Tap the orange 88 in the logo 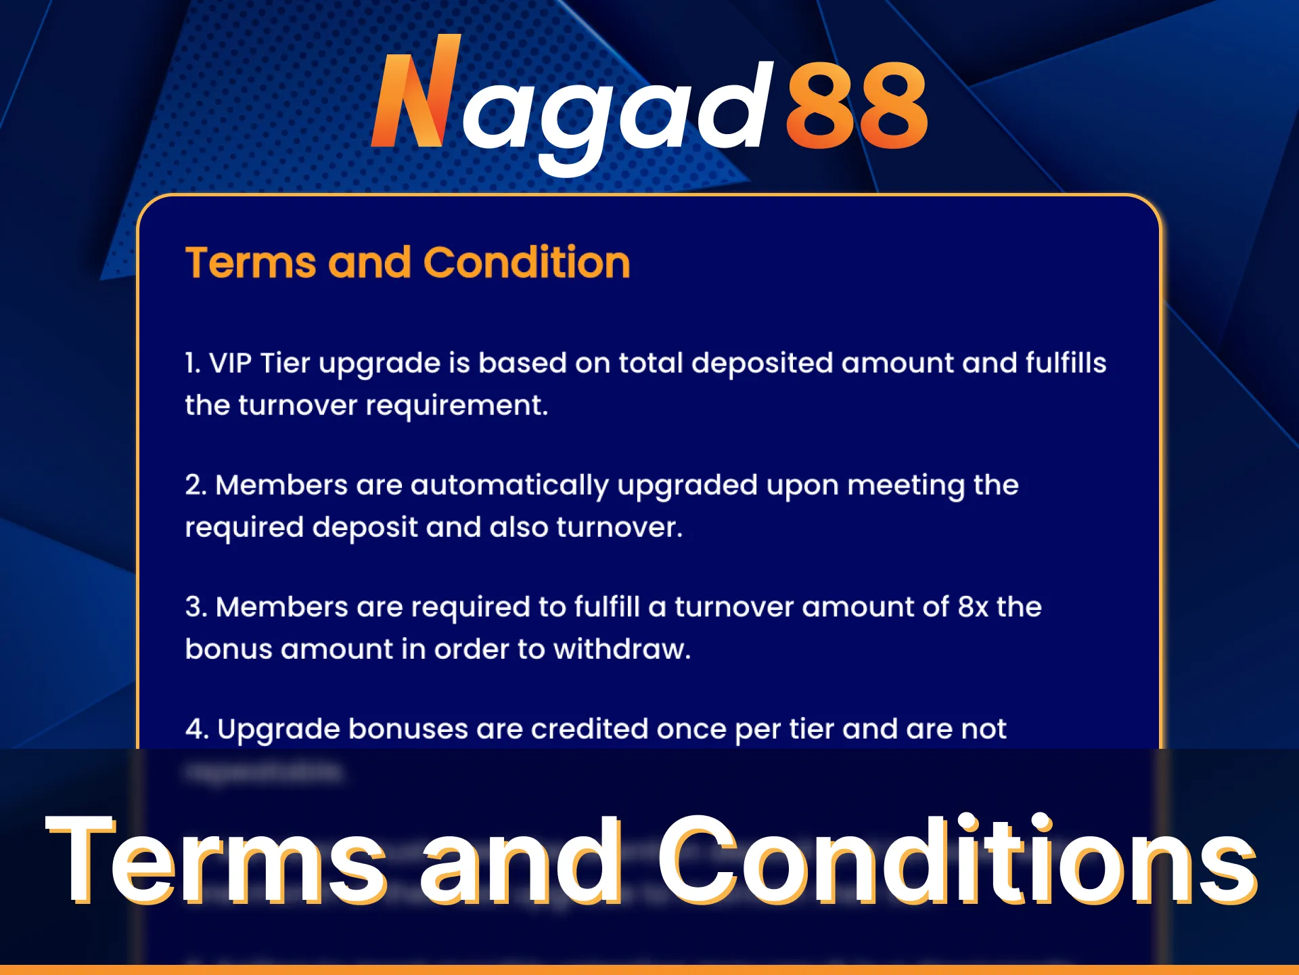[x=857, y=105]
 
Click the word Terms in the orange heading [x=250, y=263]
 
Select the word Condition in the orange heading [x=526, y=263]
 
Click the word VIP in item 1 [x=230, y=364]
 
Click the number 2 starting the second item [x=193, y=485]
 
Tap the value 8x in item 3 [x=973, y=607]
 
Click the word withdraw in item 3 [x=621, y=649]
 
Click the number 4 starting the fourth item [x=195, y=729]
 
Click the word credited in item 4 [x=589, y=729]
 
